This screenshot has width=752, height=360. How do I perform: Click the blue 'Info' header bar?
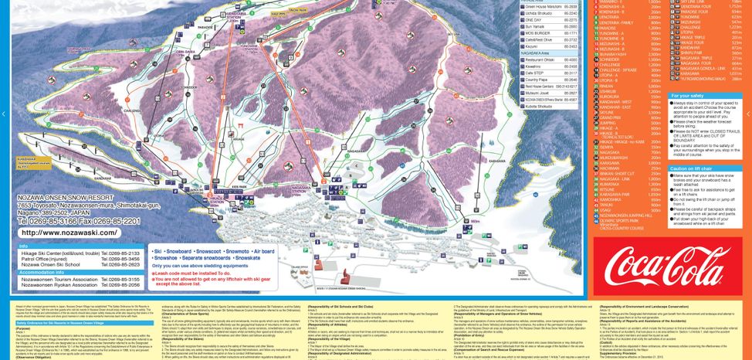pos(77,244)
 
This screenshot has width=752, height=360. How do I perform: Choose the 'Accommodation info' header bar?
pos(77,272)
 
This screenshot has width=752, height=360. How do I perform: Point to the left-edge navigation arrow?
pos(3,114)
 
